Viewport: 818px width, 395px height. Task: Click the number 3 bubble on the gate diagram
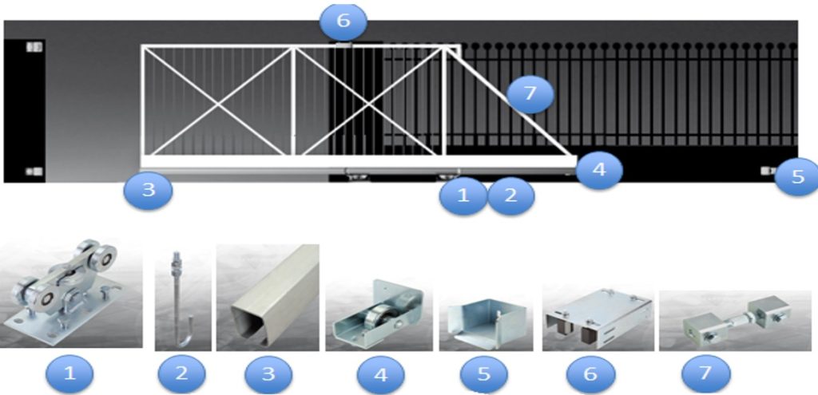(149, 192)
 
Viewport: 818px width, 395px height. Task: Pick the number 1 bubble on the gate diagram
(463, 196)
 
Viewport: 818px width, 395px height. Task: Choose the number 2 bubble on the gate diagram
(511, 196)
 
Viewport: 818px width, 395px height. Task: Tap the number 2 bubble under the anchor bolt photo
(182, 373)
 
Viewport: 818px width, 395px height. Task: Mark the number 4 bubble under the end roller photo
(379, 373)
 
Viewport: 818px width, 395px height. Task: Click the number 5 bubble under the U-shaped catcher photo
(486, 373)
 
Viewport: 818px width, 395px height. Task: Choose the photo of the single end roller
(378, 315)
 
